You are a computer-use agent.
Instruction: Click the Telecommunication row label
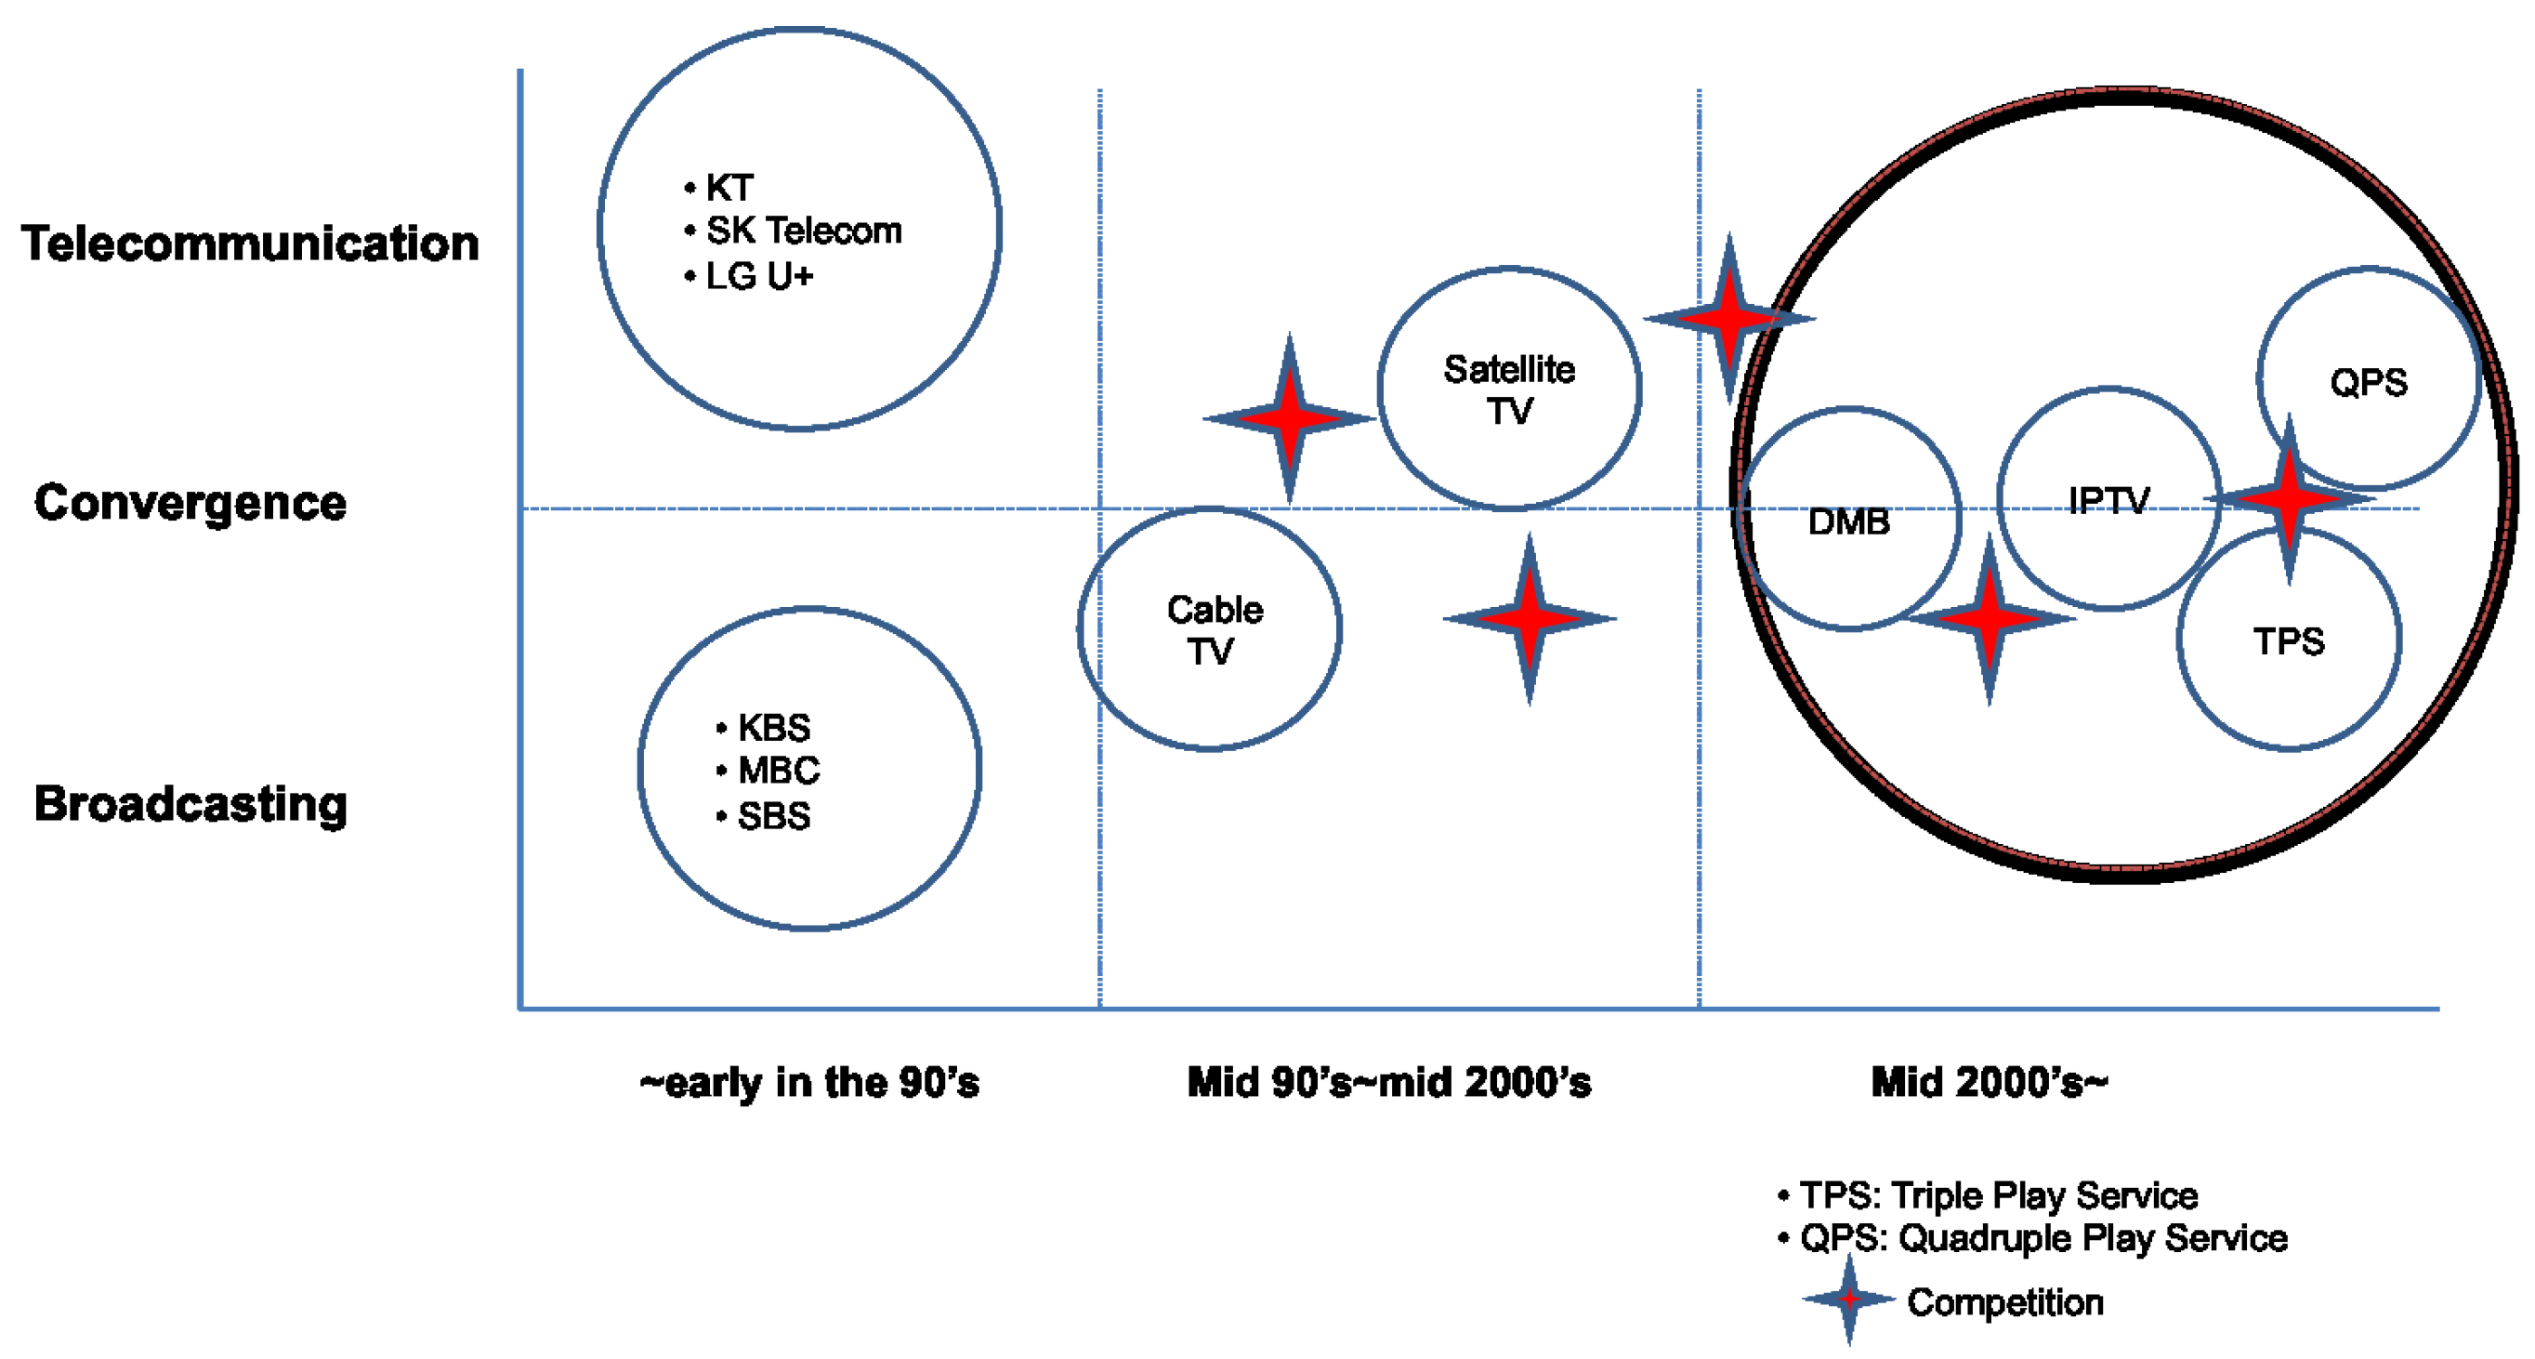click(x=250, y=243)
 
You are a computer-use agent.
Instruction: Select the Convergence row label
click(x=190, y=502)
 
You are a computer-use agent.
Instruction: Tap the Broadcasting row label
click(x=190, y=803)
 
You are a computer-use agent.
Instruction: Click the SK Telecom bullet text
click(x=803, y=231)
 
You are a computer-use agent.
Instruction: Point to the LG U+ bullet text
click(x=760, y=276)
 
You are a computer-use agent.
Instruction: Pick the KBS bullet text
click(x=773, y=727)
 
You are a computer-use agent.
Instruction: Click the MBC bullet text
click(x=779, y=770)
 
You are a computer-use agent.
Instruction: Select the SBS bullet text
click(x=773, y=816)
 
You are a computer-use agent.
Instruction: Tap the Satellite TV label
click(x=1508, y=389)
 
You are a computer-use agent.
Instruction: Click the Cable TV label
click(x=1213, y=630)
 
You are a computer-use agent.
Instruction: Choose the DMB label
click(x=1848, y=521)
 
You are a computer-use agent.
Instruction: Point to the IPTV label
click(x=2108, y=501)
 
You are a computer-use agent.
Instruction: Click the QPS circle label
click(x=2368, y=382)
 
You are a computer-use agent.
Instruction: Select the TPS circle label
click(x=2288, y=641)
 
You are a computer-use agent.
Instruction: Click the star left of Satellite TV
click(x=1289, y=418)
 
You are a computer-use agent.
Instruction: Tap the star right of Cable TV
click(x=1530, y=619)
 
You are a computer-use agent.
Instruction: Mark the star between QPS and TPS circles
click(x=2289, y=499)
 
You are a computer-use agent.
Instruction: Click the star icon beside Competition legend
click(x=1849, y=1299)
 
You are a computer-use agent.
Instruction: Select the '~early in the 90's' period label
click(x=809, y=1083)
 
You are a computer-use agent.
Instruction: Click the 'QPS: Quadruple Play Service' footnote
click(x=2042, y=1238)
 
